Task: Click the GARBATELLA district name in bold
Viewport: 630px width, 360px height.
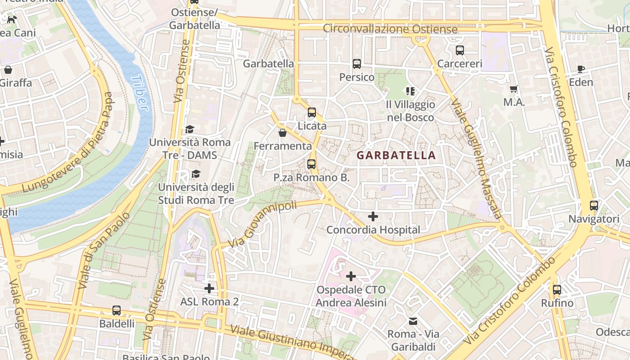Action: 396,155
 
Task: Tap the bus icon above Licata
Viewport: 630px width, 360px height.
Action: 311,112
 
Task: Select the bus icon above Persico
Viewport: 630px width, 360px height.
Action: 357,64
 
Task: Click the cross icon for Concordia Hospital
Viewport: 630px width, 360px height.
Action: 373,216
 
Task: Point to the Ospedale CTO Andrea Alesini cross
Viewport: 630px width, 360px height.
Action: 351,276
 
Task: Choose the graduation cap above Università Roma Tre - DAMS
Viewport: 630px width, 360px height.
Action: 190,130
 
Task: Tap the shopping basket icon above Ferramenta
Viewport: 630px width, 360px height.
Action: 283,133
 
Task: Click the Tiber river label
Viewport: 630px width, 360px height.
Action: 140,93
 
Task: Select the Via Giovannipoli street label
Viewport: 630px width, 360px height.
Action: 262,224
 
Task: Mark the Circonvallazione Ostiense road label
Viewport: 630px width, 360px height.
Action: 390,30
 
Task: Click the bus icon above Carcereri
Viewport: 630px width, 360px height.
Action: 459,50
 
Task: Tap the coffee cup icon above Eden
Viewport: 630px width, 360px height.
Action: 581,69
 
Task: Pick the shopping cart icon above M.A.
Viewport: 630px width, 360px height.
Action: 514,89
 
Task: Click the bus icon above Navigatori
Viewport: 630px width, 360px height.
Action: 594,206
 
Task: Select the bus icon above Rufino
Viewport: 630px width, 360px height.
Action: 557,290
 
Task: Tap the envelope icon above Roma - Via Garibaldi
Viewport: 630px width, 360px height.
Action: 413,321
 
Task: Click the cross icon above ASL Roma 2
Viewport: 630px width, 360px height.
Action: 209,288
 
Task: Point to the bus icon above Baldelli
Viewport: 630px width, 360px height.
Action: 117,310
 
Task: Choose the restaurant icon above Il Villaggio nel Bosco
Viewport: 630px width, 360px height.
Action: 410,91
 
